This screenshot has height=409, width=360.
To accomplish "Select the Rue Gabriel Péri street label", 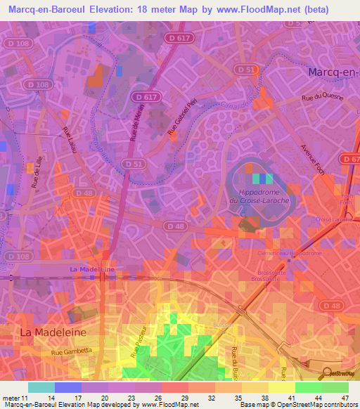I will [180, 122].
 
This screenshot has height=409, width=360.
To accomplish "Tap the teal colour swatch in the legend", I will [41, 387].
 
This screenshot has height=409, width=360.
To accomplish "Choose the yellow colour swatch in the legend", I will [282, 387].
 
